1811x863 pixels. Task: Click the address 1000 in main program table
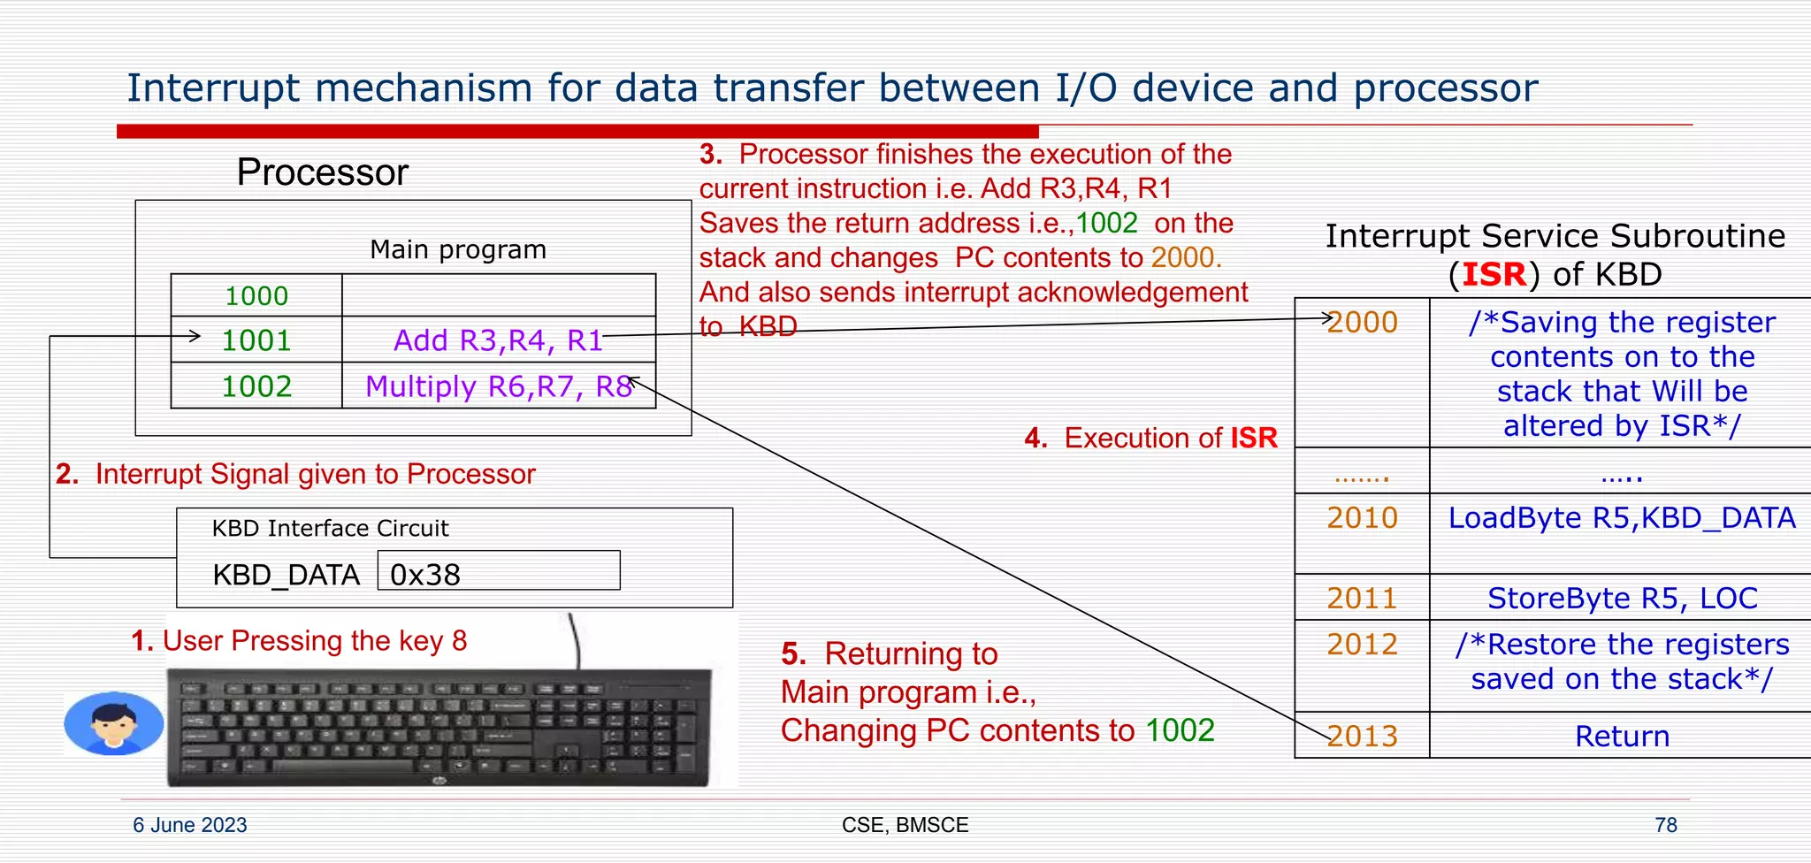(256, 296)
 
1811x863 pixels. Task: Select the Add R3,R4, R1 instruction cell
(498, 340)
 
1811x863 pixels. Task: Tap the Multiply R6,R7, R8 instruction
(498, 386)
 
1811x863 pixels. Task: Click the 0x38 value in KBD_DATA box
(425, 575)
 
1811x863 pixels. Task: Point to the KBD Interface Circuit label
(330, 529)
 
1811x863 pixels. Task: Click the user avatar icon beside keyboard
(114, 723)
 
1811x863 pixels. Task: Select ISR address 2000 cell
(1362, 323)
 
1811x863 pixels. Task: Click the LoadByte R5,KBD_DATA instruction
(1621, 518)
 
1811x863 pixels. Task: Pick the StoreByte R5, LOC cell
(1621, 599)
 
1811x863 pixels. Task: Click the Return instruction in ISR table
(1621, 737)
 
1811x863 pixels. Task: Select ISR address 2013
(1362, 737)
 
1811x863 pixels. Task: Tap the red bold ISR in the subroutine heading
(1494, 275)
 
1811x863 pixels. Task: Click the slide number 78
(1665, 825)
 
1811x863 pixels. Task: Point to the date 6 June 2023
(190, 825)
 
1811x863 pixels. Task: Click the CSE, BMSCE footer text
(905, 825)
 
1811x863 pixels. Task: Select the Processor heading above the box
(322, 172)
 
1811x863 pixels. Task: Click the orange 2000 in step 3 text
(1186, 257)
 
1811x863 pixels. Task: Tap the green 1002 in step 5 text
(1180, 730)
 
